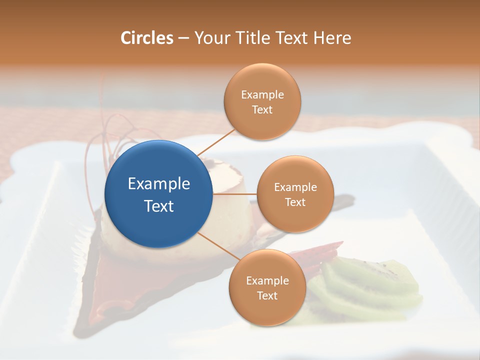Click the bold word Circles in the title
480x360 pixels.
tap(146, 38)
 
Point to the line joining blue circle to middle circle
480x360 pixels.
tap(235, 194)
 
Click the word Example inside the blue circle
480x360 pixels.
tap(159, 184)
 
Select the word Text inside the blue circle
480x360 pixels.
tap(159, 206)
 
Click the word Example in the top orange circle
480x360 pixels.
tap(262, 94)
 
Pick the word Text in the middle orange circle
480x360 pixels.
tap(295, 202)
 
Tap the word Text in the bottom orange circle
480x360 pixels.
tap(267, 295)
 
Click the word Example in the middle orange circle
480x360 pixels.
tap(295, 187)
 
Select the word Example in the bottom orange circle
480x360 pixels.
tap(267, 280)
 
